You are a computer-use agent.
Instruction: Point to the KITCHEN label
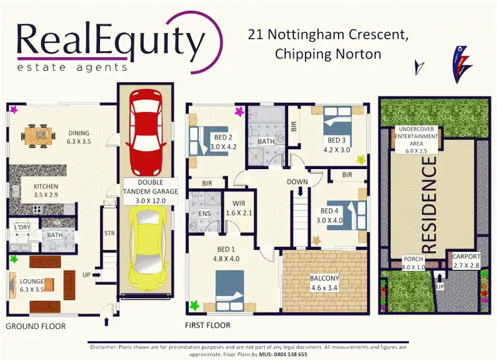coord(46,186)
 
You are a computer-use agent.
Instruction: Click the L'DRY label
coord(23,227)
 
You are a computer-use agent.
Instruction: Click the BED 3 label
coord(336,141)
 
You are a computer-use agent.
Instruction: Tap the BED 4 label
coord(328,211)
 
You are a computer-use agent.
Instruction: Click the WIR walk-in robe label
coord(239,204)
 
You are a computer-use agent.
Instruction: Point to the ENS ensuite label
coord(205,213)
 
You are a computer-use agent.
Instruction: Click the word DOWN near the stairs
coord(298,182)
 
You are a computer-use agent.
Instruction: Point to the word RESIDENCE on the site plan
coord(429,205)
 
